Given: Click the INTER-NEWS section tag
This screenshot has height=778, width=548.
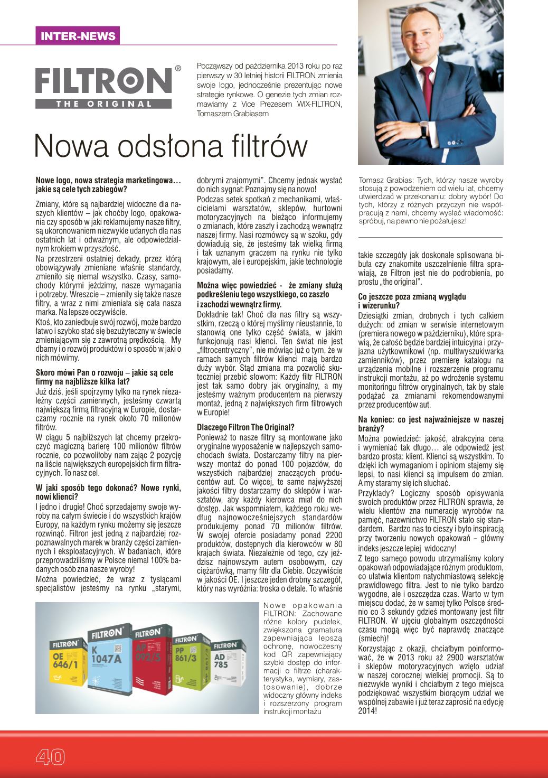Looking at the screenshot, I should point(78,36).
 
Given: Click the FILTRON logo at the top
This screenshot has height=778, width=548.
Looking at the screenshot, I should point(104,81).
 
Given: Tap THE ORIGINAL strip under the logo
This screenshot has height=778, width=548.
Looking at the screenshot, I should point(104,104).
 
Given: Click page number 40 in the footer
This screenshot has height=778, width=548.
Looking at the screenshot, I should point(50,757).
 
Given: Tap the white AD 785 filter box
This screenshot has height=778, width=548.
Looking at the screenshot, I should point(226,673).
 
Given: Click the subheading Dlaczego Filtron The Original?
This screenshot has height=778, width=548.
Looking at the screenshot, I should point(245,427).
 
